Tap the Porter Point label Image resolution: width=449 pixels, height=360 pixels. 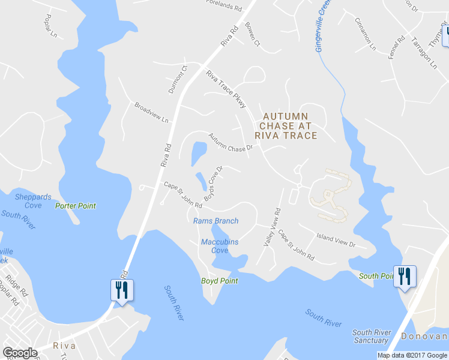76,206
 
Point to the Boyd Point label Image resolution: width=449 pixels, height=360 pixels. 219,281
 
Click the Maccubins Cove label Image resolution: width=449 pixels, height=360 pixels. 219,246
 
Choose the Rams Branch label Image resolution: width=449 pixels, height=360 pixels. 215,221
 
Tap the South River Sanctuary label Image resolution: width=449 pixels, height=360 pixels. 371,337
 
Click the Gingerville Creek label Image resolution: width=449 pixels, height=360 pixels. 324,26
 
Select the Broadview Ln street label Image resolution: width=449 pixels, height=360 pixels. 151,112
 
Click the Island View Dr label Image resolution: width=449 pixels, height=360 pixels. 336,240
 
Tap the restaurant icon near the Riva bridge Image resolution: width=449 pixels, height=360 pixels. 122,290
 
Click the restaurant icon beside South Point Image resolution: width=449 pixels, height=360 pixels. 403,276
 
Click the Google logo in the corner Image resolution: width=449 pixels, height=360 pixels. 20,353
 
